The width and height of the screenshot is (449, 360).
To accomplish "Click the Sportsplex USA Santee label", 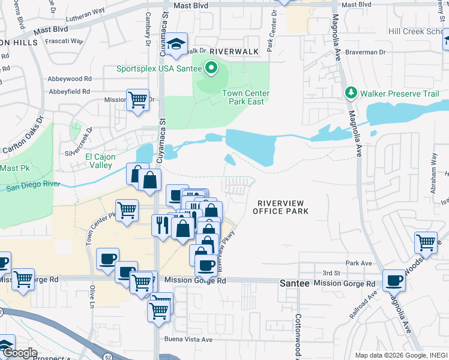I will point(159,69).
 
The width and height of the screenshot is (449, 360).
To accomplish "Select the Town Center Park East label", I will point(246,97).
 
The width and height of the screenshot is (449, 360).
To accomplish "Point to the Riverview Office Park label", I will point(280,207).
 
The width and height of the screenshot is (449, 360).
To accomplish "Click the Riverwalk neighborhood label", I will point(234,52).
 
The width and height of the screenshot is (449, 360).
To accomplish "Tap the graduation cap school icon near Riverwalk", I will point(176,44).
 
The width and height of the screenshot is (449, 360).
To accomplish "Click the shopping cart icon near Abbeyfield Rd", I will point(138,99).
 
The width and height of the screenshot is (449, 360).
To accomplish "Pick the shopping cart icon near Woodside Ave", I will point(426,242).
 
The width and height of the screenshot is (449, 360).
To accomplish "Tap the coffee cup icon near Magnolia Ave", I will point(394,280).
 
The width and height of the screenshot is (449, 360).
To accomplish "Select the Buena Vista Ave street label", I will point(189,340).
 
